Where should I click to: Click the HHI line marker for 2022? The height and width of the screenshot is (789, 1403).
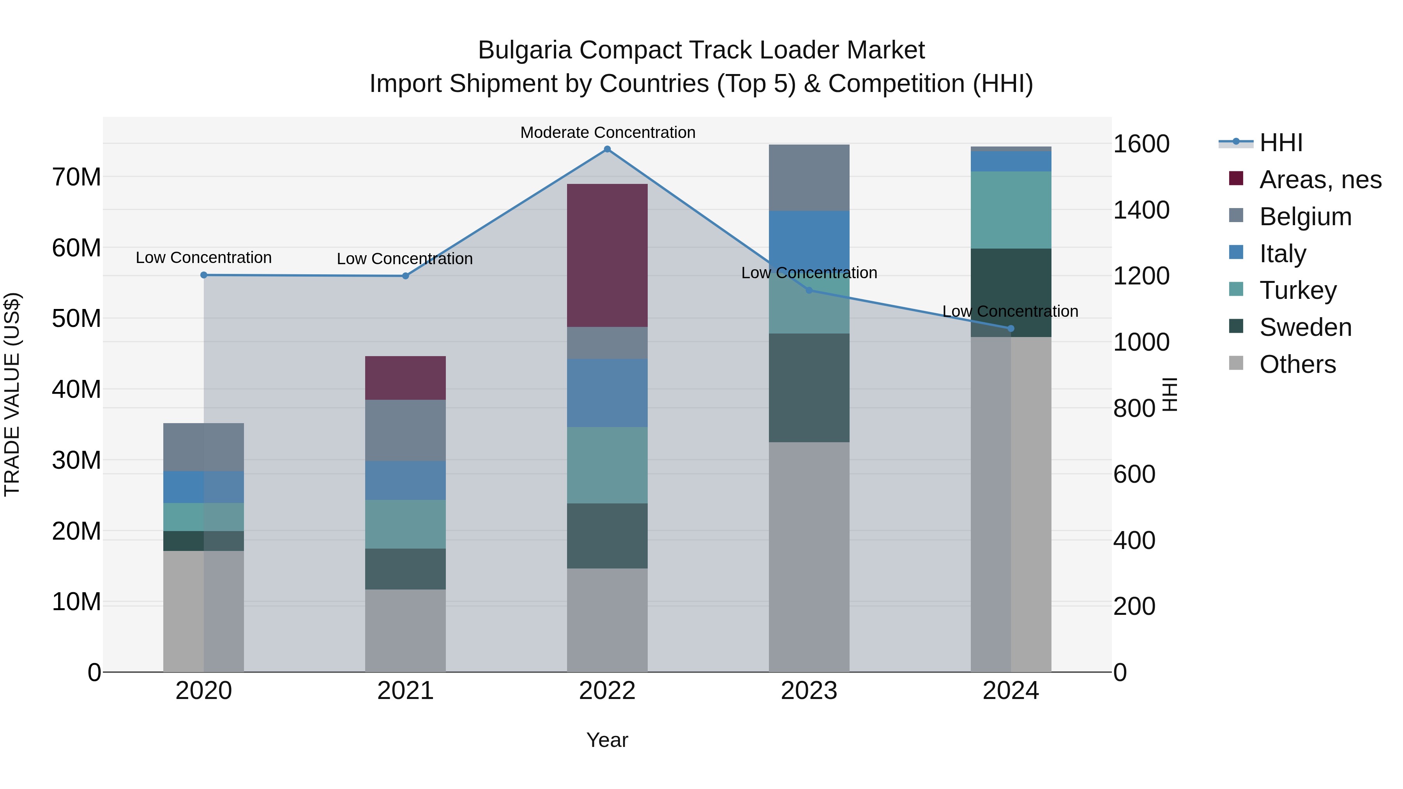tap(607, 149)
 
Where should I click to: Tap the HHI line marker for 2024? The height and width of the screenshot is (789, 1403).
tap(1011, 328)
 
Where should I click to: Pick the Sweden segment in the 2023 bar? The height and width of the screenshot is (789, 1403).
tap(809, 388)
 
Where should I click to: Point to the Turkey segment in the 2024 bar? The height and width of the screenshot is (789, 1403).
tap(1011, 210)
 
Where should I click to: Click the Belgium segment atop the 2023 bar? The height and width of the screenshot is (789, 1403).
tap(809, 178)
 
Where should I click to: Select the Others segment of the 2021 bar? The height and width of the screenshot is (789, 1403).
tap(405, 630)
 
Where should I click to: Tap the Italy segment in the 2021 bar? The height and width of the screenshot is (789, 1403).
tap(405, 480)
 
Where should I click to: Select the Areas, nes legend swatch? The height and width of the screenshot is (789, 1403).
tap(1236, 178)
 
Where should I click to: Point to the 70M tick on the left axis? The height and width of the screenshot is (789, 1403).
tap(76, 177)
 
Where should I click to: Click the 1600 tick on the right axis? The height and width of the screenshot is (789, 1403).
tap(1141, 144)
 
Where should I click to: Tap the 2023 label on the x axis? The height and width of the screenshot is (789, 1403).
tap(809, 691)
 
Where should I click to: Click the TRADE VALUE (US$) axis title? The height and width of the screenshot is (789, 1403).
tap(12, 394)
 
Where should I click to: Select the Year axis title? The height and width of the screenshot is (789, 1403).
tap(607, 740)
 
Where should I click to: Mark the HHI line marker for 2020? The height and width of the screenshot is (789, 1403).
tap(204, 275)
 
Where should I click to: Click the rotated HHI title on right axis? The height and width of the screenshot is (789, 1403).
tap(1169, 394)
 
